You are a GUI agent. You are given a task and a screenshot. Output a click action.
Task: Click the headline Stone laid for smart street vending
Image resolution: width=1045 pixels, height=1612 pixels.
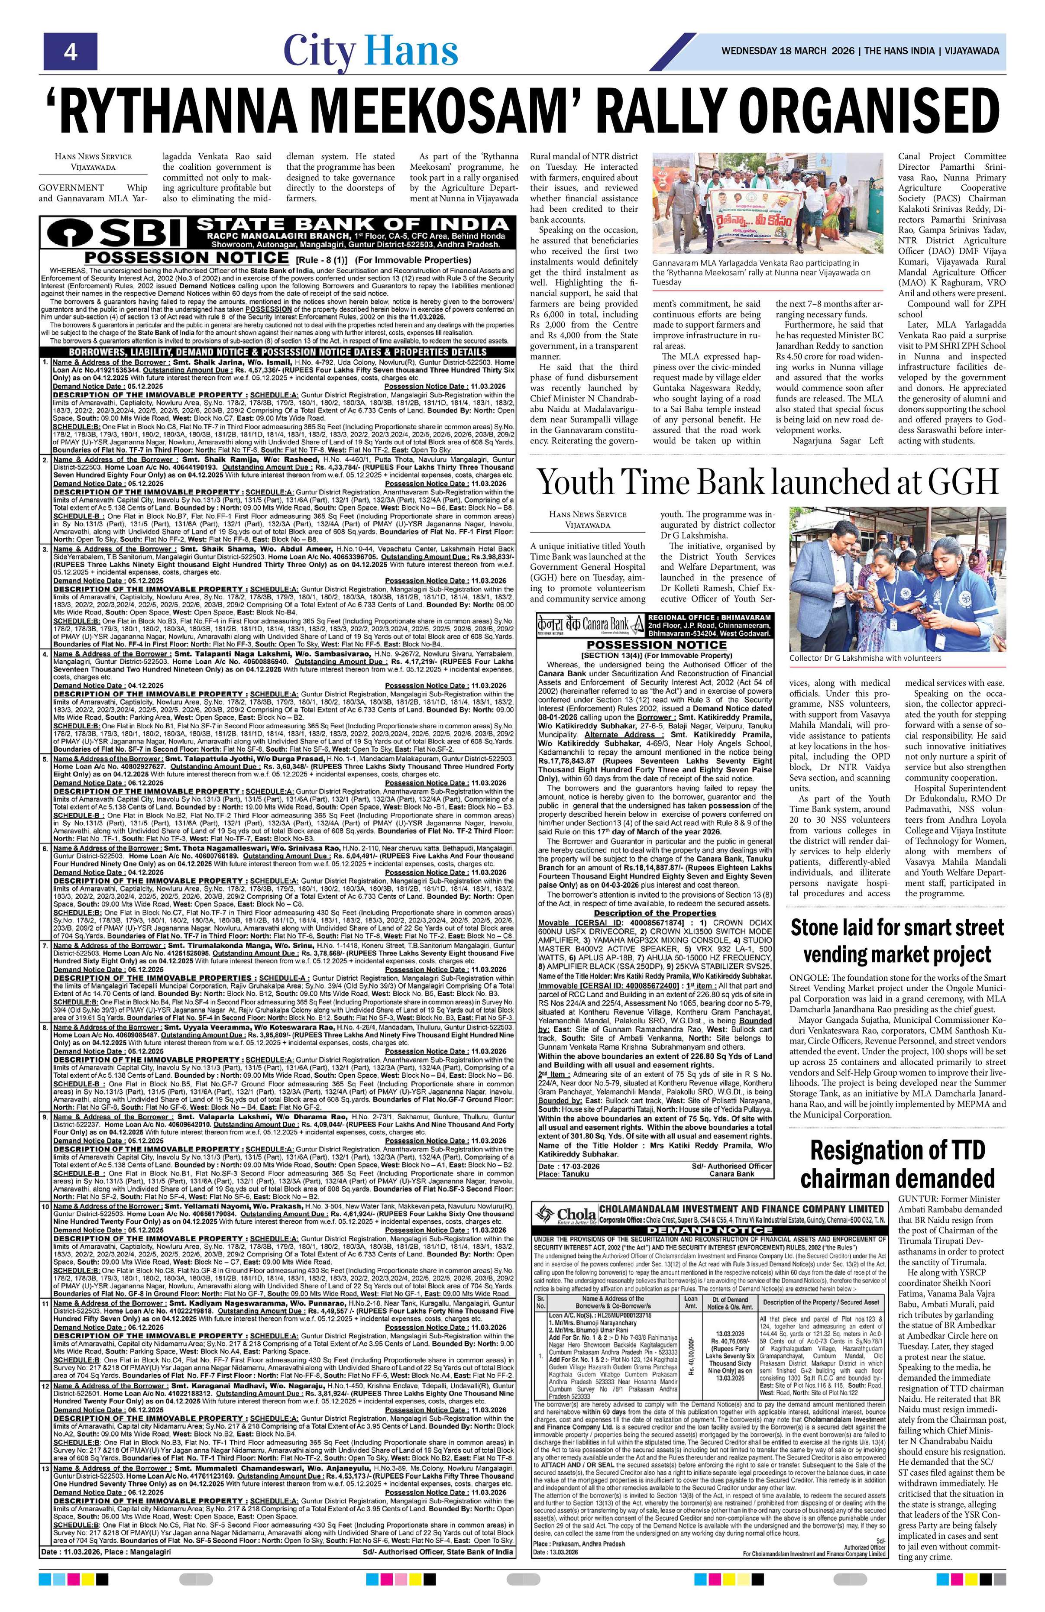pyautogui.click(x=897, y=940)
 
